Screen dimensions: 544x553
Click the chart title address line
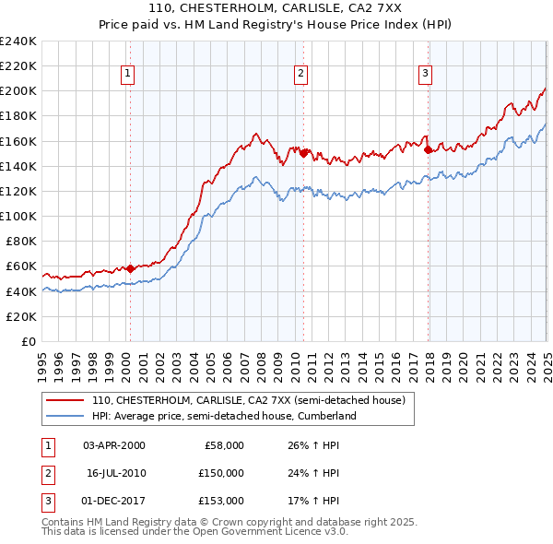(x=276, y=9)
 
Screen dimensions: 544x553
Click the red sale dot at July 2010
(x=303, y=154)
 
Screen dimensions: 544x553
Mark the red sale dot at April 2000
(x=130, y=268)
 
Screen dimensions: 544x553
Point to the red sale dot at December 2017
(x=428, y=150)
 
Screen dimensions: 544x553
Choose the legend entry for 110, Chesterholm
(x=248, y=400)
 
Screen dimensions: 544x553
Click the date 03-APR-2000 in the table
(x=113, y=445)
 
